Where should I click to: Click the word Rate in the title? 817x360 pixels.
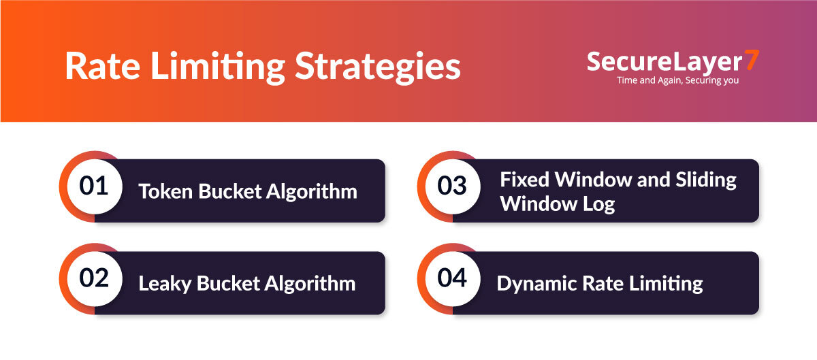click(103, 65)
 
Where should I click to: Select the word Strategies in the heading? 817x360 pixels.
click(378, 68)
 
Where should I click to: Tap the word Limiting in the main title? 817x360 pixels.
click(218, 68)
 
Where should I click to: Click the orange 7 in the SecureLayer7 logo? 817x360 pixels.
click(752, 60)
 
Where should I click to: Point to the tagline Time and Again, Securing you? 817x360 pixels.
click(677, 80)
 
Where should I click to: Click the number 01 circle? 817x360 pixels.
click(95, 186)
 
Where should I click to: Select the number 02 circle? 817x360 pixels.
click(95, 278)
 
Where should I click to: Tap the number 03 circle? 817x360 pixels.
click(453, 186)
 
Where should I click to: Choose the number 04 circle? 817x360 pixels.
click(453, 278)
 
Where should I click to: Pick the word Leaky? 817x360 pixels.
click(165, 284)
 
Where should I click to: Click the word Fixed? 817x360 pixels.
click(524, 180)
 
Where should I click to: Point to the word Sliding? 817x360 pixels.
click(706, 180)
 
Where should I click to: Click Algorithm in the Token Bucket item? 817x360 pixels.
click(312, 192)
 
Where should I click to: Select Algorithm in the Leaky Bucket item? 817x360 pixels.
click(310, 284)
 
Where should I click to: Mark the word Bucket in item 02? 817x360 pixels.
click(227, 283)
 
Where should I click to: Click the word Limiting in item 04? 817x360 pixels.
click(666, 284)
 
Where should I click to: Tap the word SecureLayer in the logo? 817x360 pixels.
click(664, 62)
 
